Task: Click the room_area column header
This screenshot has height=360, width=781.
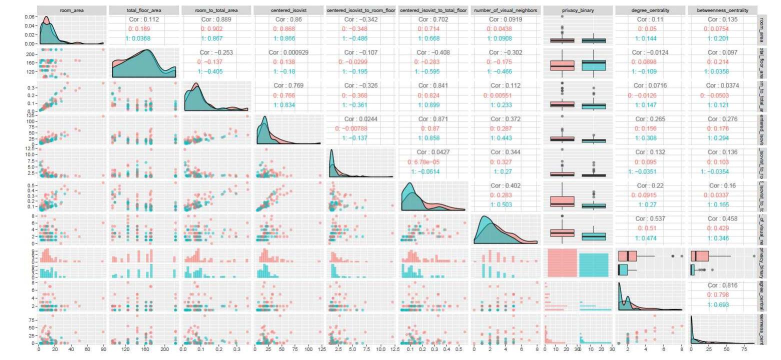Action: coord(72,9)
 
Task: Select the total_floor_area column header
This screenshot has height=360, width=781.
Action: coord(144,9)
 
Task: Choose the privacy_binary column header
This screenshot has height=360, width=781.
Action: coord(577,9)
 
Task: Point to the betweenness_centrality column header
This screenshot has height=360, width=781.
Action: coord(722,9)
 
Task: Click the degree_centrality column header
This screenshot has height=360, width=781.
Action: coord(650,9)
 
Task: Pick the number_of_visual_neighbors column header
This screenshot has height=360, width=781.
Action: coord(505,9)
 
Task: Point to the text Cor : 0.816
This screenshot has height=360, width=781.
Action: coord(722,285)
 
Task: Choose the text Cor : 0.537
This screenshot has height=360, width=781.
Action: coord(650,218)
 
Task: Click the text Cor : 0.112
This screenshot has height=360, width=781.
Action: coord(144,19)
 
